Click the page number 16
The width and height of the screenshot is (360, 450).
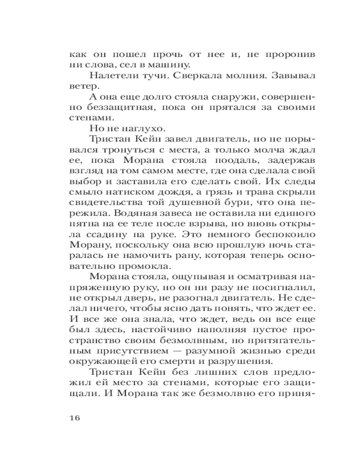[x=75, y=417]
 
